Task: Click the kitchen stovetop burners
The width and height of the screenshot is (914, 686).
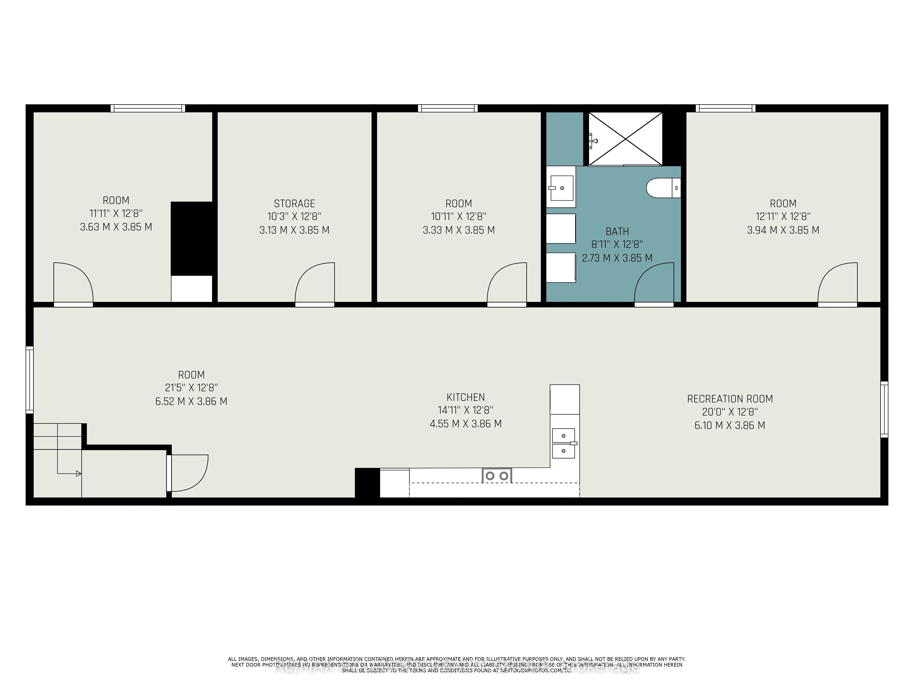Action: (x=497, y=476)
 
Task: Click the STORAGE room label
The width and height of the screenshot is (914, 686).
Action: (x=294, y=204)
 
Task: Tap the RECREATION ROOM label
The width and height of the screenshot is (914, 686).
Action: (x=730, y=399)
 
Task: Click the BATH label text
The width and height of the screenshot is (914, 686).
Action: (x=617, y=232)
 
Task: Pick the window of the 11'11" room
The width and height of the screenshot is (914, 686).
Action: (x=148, y=108)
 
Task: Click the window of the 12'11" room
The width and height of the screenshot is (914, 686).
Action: (x=725, y=108)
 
